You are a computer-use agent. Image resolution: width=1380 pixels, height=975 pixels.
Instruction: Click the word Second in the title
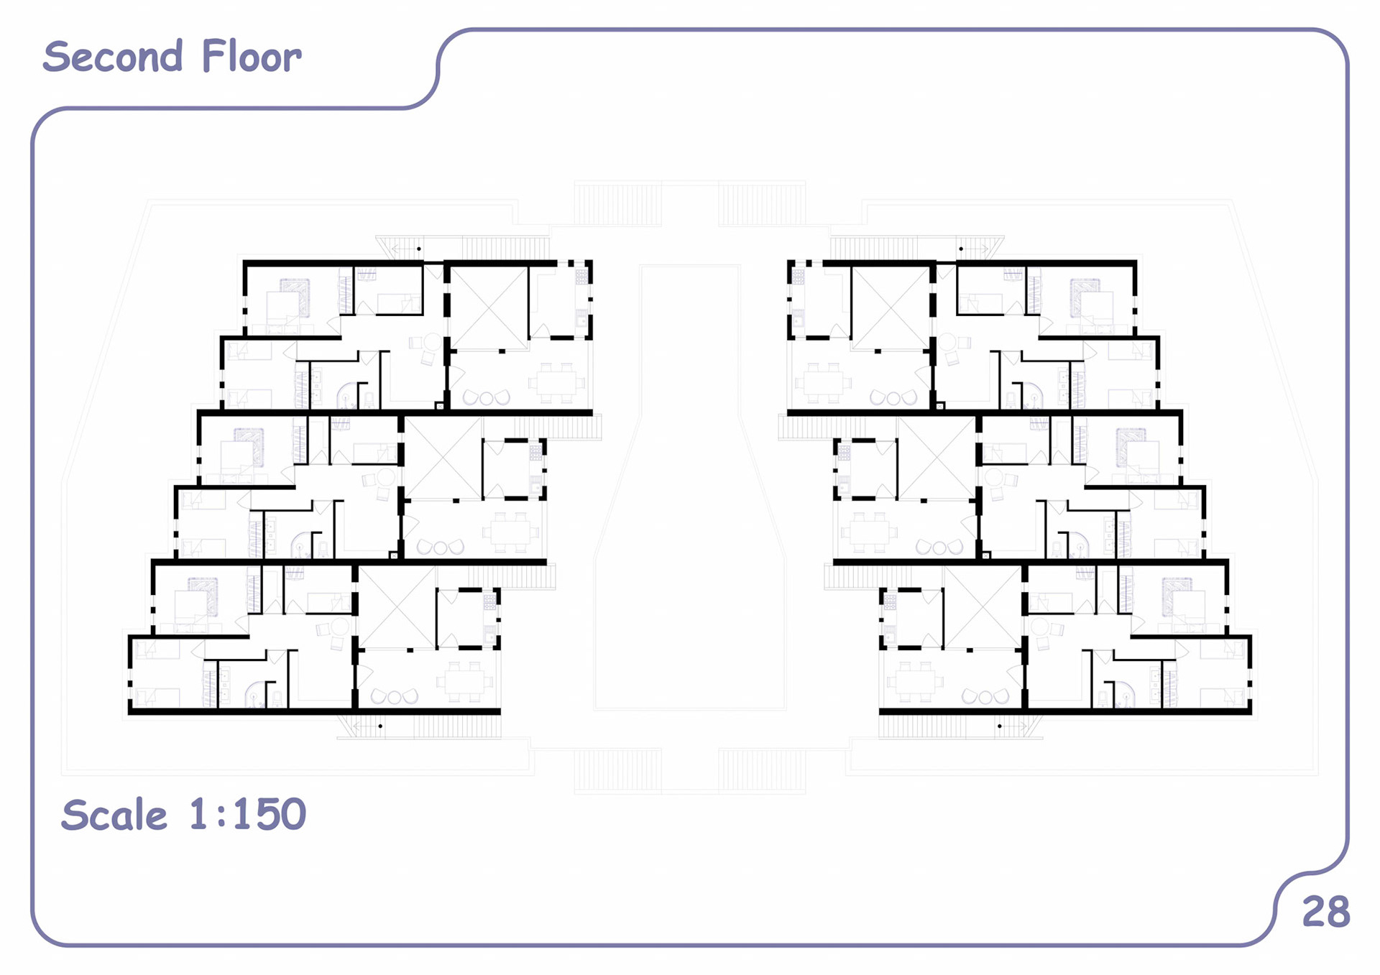coord(113,57)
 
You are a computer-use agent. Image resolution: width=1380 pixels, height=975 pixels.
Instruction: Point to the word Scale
coord(114,815)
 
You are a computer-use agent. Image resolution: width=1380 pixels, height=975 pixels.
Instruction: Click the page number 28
coord(1326,912)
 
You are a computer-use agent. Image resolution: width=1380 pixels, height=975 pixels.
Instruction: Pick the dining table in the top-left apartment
coord(556,382)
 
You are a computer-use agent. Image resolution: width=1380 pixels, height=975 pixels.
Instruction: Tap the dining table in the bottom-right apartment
coord(914,681)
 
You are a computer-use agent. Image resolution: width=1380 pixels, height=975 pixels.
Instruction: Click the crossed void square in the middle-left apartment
coord(442,458)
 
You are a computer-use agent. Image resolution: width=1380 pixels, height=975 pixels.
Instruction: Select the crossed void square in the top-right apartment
coord(891,308)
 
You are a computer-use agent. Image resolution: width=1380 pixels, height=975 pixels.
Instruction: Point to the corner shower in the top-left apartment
coord(347,394)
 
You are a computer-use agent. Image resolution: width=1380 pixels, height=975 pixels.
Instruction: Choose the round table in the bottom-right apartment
coord(1039,627)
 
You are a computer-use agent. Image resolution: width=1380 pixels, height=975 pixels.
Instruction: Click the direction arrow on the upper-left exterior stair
coord(406,249)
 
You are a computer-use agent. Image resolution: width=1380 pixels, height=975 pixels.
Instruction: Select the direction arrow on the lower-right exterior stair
coord(1013,726)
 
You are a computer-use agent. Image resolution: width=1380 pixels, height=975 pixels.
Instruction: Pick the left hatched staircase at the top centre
coord(618,204)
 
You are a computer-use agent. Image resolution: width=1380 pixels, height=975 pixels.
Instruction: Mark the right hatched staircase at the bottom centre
coord(762,770)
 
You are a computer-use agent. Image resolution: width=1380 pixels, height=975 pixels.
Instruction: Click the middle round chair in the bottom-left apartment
coord(395,697)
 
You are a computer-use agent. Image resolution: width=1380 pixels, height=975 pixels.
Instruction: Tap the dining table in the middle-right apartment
coord(868,532)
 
